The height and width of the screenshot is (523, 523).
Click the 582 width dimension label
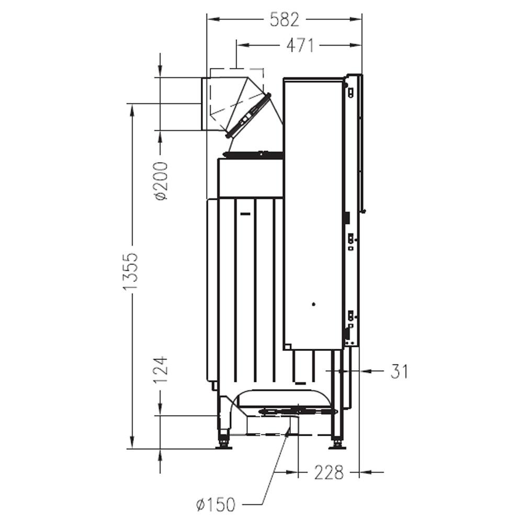[284, 19]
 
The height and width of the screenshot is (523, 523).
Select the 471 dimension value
[300, 46]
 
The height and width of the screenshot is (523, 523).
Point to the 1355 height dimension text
[130, 271]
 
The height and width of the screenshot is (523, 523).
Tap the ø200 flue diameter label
[162, 180]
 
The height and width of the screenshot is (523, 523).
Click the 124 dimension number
[162, 370]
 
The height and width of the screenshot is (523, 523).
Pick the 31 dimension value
[399, 371]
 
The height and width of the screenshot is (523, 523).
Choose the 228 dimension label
[328, 472]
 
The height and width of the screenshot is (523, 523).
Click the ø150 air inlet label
[216, 504]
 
